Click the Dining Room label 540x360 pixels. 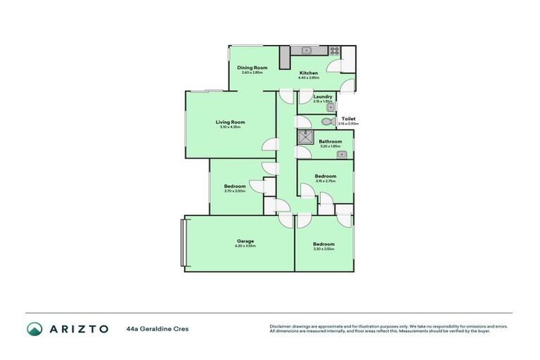tap(251, 67)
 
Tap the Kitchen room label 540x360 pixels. tap(309, 72)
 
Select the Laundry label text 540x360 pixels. tap(323, 96)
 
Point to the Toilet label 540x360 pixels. tap(348, 119)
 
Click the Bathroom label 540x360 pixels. tap(330, 141)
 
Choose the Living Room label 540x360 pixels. tap(230, 122)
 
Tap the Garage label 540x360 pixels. tap(245, 241)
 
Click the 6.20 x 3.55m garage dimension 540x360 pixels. tap(245, 246)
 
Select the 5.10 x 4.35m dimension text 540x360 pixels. tap(230, 127)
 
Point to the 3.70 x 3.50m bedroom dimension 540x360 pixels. tap(235, 191)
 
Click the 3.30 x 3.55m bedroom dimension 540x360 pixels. tap(323, 249)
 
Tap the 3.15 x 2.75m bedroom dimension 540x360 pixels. tap(325, 181)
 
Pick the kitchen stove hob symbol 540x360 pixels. tap(334, 51)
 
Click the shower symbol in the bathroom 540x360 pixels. tap(304, 137)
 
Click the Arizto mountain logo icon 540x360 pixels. tap(34, 328)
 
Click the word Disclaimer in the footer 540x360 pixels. tap(280, 326)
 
